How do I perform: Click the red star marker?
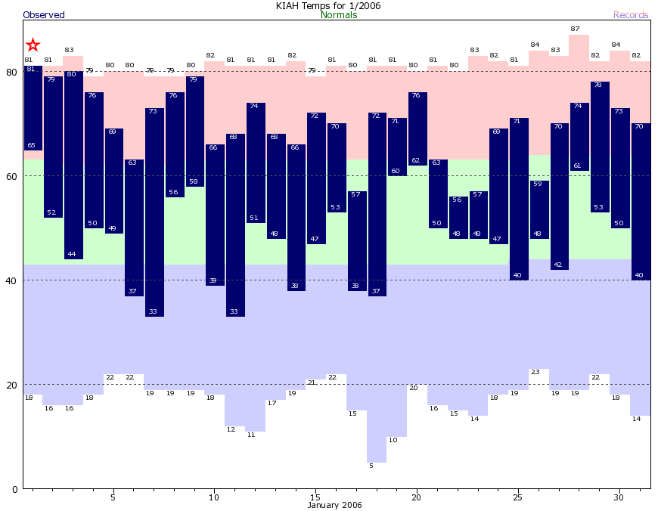[33, 45]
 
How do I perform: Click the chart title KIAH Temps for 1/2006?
[328, 6]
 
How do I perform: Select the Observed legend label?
[44, 15]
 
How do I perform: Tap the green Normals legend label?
[339, 15]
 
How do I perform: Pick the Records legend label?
[631, 15]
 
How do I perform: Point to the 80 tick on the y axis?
[11, 72]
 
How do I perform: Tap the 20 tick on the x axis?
[416, 497]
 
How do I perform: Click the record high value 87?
[579, 29]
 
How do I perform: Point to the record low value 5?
[371, 466]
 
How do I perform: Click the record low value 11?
[250, 435]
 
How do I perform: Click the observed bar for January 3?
[73, 165]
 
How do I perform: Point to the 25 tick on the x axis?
[518, 497]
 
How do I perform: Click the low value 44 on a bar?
[72, 254]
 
